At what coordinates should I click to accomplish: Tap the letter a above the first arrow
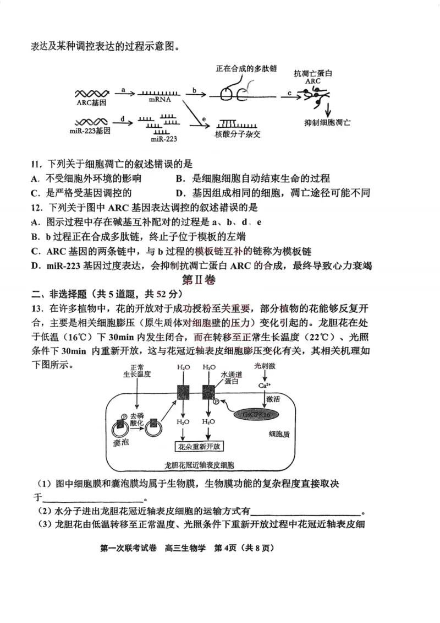(123, 89)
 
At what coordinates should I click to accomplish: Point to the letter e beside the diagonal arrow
(204, 118)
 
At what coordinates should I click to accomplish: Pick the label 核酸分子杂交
(240, 134)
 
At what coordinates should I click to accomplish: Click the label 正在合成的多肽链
(246, 69)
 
